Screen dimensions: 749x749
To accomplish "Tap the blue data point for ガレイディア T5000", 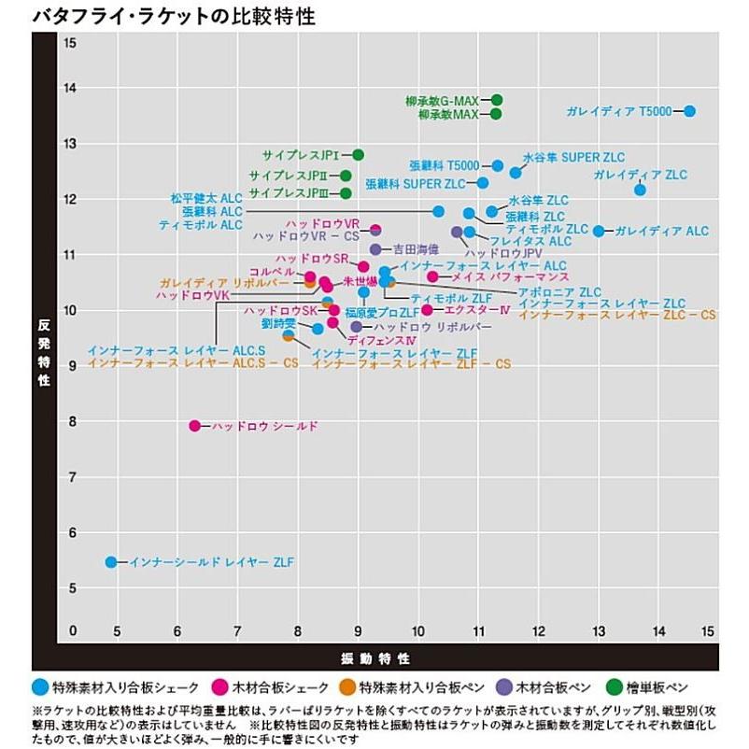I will [x=689, y=111].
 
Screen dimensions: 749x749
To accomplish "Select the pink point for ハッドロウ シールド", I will [x=194, y=426].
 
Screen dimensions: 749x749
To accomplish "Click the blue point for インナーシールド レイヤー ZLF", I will [x=111, y=562].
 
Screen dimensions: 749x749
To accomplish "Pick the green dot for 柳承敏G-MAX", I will [x=497, y=100].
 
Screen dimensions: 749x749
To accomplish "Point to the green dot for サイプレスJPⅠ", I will [x=358, y=155].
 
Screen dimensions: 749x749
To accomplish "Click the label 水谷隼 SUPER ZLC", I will [x=573, y=157].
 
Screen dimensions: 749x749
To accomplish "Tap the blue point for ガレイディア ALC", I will [x=599, y=231].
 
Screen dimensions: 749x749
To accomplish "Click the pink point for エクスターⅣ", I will [x=427, y=310].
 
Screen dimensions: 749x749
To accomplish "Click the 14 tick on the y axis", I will [x=71, y=89].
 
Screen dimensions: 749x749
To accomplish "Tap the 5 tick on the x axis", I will [x=116, y=632].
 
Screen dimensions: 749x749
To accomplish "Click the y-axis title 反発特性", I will [x=44, y=355].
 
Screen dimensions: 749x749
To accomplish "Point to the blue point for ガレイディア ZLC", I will [x=640, y=190].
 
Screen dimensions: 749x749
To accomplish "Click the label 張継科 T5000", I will [x=444, y=166].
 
